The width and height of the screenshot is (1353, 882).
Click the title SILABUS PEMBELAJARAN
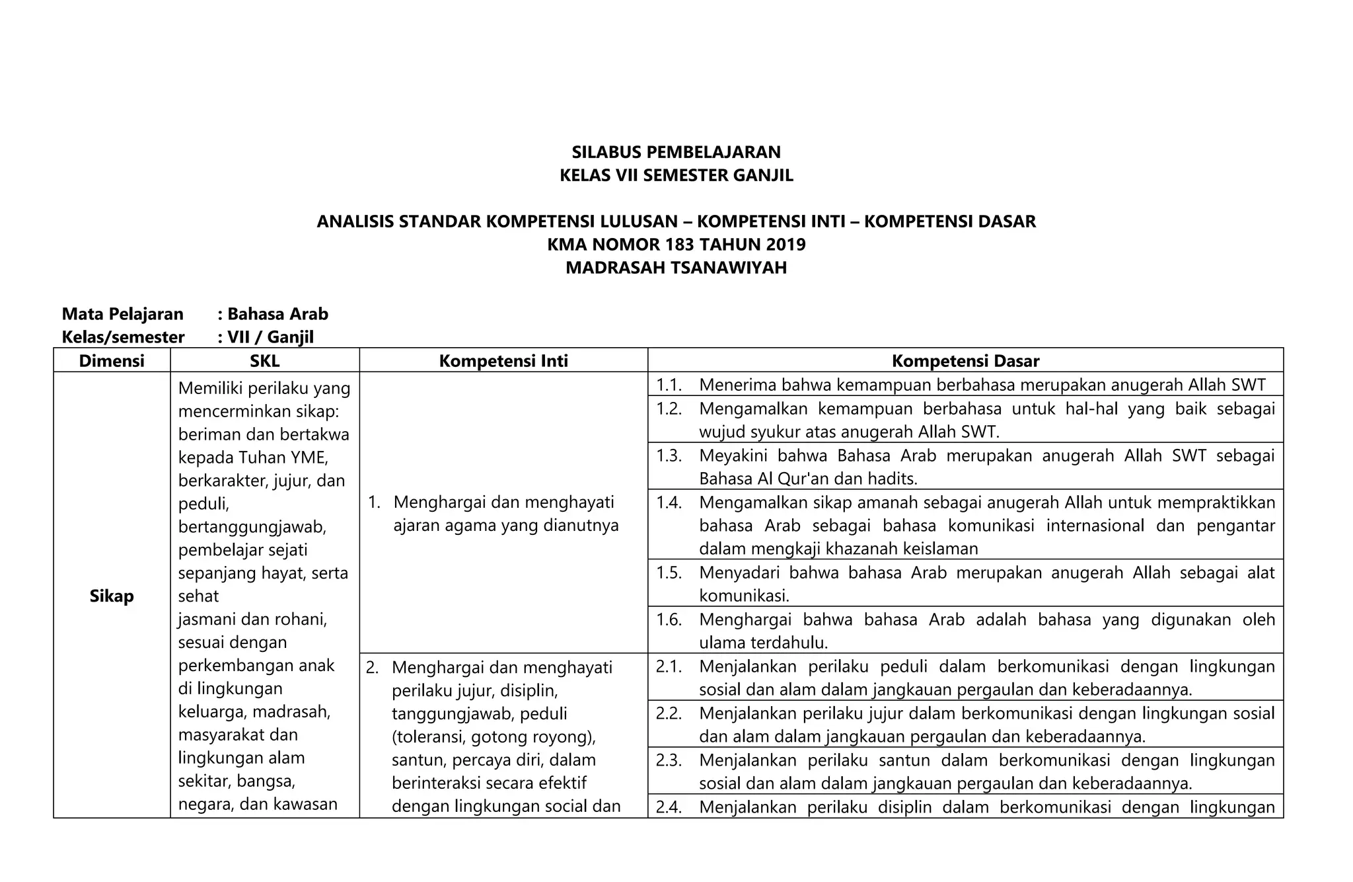pyautogui.click(x=676, y=152)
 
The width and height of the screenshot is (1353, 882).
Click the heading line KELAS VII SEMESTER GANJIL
pyautogui.click(x=676, y=175)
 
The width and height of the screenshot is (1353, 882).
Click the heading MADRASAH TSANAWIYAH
pyautogui.click(x=676, y=268)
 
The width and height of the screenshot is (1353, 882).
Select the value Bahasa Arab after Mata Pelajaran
pyautogui.click(x=277, y=314)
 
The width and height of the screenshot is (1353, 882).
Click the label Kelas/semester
pyautogui.click(x=123, y=337)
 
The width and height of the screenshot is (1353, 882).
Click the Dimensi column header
pyautogui.click(x=112, y=361)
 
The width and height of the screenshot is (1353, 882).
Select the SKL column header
pyautogui.click(x=264, y=361)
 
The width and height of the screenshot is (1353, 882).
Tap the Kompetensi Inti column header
pyautogui.click(x=503, y=361)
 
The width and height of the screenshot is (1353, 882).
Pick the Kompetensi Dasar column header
pyautogui.click(x=965, y=361)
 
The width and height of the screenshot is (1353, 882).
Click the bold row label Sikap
pyautogui.click(x=112, y=596)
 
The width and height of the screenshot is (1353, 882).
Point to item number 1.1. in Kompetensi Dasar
pyautogui.click(x=669, y=385)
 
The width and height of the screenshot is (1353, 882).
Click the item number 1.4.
pyautogui.click(x=669, y=502)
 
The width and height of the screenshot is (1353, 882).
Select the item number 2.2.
pyautogui.click(x=669, y=713)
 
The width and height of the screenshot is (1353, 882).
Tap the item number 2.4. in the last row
pyautogui.click(x=669, y=807)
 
